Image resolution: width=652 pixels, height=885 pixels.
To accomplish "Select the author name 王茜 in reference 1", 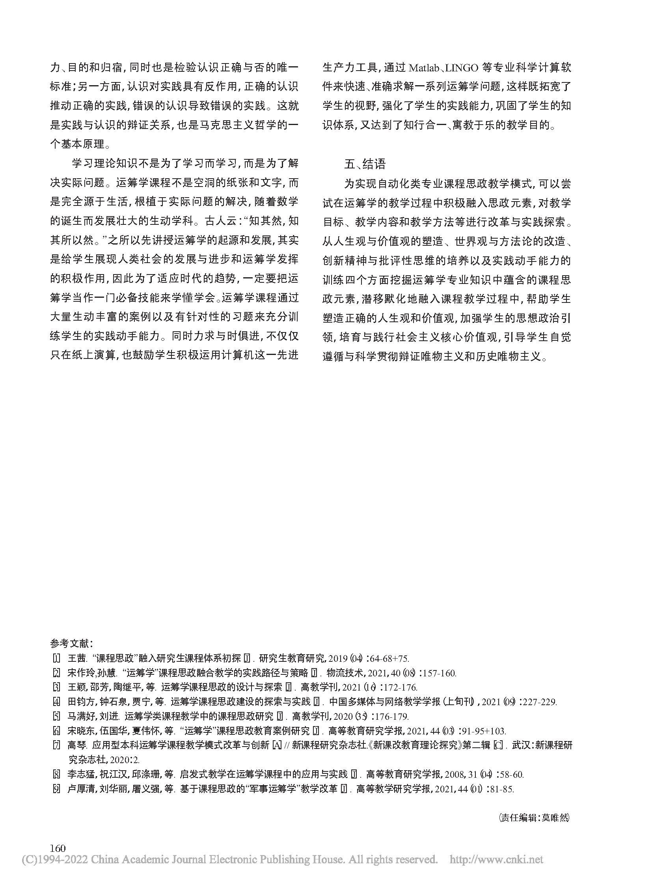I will click(x=76, y=659).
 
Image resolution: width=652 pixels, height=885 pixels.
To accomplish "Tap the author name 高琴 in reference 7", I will click(x=76, y=746).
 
